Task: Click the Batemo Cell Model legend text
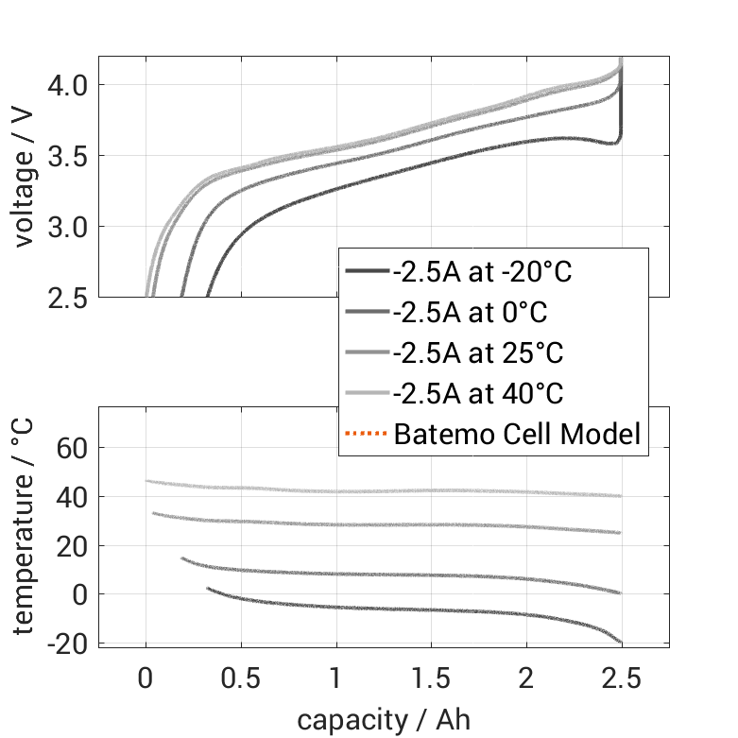coord(517,434)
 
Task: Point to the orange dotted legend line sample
coord(367,434)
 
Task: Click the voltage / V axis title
coord(26,178)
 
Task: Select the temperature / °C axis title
coord(26,525)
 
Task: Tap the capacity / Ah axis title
coord(384,720)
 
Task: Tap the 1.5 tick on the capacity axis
coord(431,679)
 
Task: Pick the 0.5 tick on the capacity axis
coord(241,679)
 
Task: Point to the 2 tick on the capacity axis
coord(526,679)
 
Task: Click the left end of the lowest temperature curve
coord(208,589)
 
